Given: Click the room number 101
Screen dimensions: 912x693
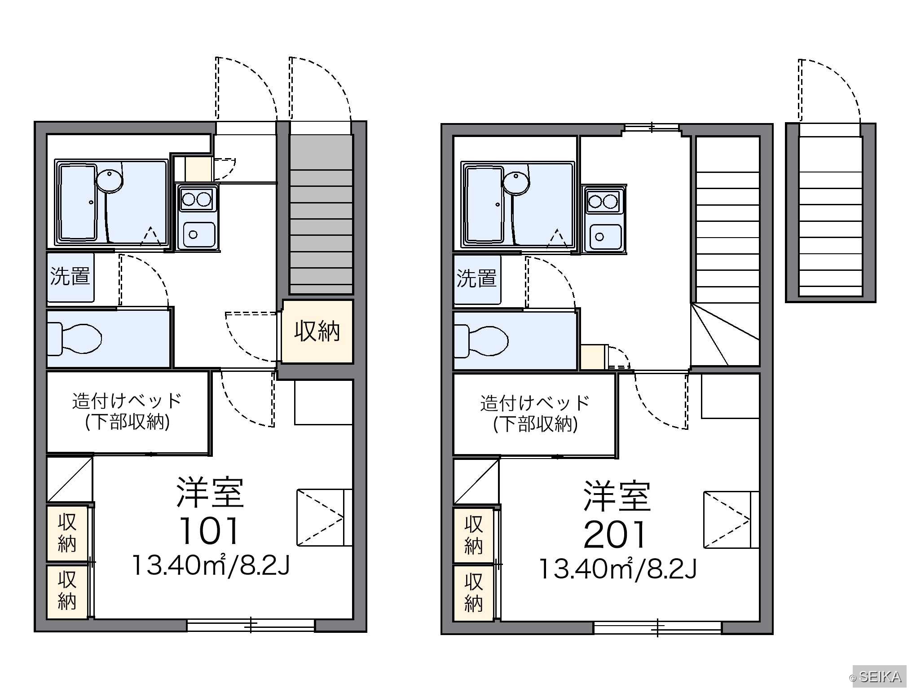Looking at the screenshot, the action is click(209, 531).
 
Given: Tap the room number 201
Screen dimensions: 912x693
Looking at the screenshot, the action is click(615, 534).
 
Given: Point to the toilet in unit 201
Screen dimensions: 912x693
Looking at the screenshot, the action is click(481, 341).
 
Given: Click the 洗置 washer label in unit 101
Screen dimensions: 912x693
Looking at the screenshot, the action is click(70, 276).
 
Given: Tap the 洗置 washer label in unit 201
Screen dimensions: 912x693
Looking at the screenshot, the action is click(476, 278).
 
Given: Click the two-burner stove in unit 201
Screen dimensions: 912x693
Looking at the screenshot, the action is click(604, 201).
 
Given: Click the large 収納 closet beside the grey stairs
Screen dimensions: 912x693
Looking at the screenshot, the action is click(317, 331).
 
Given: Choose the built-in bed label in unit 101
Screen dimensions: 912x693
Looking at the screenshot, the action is click(128, 411).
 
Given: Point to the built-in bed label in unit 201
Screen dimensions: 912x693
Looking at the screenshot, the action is click(535, 414).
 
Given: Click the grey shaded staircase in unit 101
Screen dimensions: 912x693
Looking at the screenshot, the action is click(321, 215).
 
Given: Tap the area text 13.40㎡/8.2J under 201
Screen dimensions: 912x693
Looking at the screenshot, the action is click(617, 569).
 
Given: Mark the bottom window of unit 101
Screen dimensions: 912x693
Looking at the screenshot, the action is click(251, 625).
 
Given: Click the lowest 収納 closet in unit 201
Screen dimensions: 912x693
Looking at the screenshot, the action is click(473, 593).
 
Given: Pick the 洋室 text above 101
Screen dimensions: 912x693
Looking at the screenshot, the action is click(210, 492).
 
